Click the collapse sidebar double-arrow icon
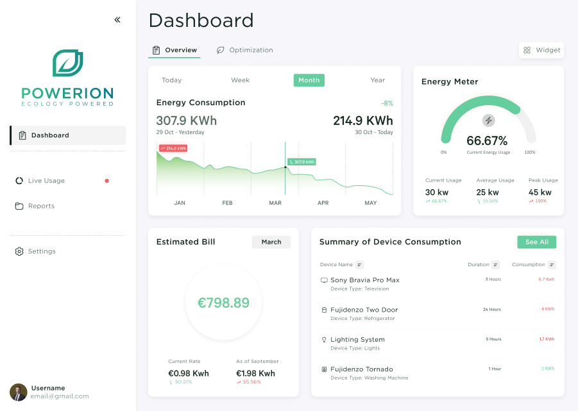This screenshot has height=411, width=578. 117,20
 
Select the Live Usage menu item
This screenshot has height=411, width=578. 46,181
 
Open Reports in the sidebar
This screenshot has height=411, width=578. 41,206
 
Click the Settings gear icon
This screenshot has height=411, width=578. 19,251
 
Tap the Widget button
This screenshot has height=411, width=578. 541,50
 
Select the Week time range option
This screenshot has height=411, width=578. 240,80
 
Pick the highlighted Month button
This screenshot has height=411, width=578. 309,80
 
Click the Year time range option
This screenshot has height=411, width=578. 377,80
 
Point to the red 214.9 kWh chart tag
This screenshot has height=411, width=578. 173,148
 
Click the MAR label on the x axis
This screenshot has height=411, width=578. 275,203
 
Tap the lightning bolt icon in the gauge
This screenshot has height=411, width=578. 488,121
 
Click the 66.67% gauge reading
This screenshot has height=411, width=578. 487,140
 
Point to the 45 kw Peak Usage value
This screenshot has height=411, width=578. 540,192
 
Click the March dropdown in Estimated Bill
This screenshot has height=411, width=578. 271,242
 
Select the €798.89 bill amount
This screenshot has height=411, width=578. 223,303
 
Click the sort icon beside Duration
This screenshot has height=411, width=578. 495,265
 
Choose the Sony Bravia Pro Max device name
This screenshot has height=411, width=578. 364,280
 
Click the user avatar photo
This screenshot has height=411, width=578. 19,392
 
